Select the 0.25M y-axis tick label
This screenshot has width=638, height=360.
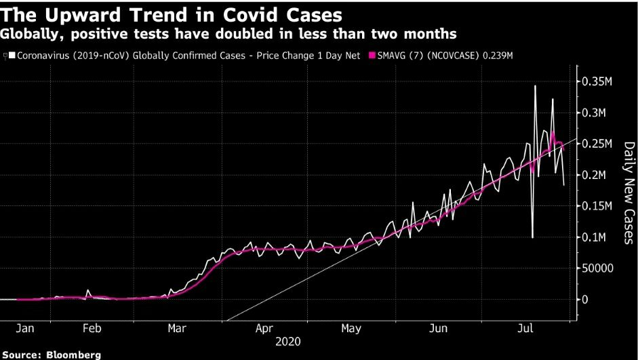point(597,144)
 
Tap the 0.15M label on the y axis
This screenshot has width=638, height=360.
point(597,206)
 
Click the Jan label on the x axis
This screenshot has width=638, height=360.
point(25,329)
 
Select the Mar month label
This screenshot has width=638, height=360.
point(177,329)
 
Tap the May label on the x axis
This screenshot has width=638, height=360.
point(351,329)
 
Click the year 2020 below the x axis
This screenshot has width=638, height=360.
point(288,342)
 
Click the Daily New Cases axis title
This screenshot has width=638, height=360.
point(629,193)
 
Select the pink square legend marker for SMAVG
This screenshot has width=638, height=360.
point(372,55)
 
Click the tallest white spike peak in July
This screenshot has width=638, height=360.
point(535,86)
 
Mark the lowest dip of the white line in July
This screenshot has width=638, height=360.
point(532,237)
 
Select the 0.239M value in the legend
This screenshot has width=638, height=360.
point(497,55)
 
